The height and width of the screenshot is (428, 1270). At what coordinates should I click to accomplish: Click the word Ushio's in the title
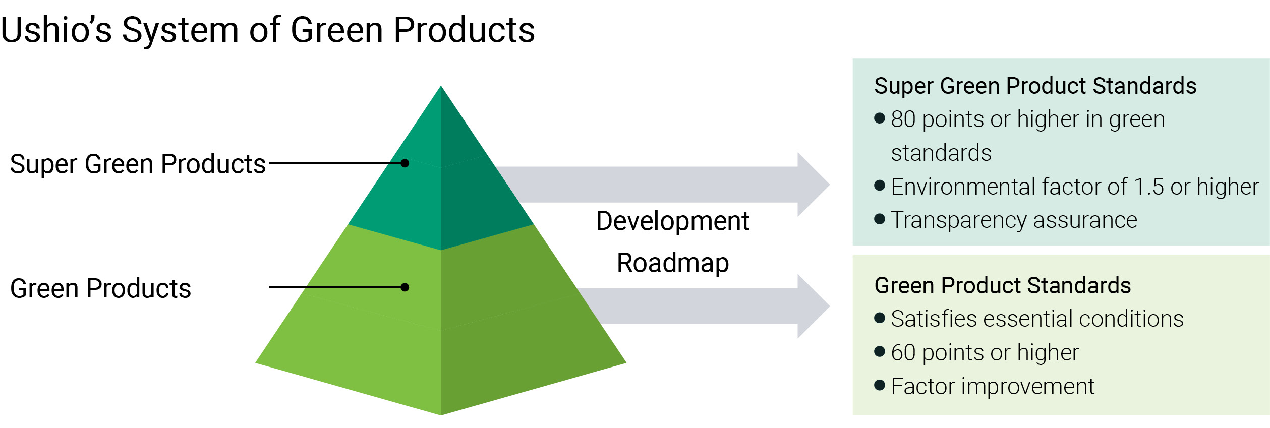pos(56,30)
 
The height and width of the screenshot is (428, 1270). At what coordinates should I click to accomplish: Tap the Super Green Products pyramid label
pos(137,164)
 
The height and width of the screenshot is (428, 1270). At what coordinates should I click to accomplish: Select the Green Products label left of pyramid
pos(100,288)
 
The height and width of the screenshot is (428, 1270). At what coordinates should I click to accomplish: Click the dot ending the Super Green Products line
pos(405,163)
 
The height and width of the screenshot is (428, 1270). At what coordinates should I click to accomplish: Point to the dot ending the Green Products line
pos(405,287)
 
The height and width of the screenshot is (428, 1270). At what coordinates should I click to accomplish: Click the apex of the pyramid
pos(441,88)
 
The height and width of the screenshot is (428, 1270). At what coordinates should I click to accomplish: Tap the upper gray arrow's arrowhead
pos(813,185)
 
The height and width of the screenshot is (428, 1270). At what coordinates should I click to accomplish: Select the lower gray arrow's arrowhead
pos(813,306)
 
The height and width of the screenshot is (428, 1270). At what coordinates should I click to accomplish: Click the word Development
pos(672,221)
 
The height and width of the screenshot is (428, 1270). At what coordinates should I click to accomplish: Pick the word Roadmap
pos(672,263)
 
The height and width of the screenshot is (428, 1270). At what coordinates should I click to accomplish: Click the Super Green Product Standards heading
pos(1035,86)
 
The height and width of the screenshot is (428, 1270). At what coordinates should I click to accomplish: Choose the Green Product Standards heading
pos(1002,285)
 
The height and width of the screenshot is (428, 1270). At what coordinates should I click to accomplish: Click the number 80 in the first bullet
pos(903,119)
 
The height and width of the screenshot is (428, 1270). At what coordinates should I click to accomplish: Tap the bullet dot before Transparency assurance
pos(880,219)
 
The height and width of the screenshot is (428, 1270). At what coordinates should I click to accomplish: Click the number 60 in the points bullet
pos(903,352)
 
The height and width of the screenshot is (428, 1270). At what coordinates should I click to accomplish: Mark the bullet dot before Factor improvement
pos(880,386)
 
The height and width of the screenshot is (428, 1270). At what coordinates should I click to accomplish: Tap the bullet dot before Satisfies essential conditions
pos(880,318)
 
